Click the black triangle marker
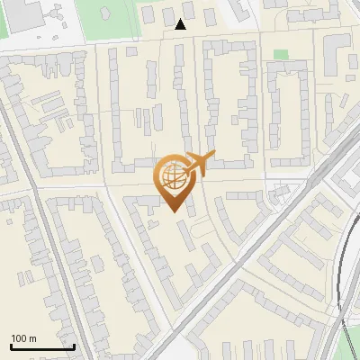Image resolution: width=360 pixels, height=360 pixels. tap(182, 24)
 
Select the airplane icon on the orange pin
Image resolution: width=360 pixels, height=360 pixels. tap(197, 163)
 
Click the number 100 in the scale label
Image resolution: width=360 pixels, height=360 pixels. tap(20, 338)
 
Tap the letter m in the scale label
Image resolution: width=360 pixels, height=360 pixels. tap(32, 338)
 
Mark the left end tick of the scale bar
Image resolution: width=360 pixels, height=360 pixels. tap(10, 346)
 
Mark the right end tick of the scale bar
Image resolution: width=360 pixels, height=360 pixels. tap(74, 346)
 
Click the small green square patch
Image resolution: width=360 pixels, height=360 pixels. tap(281, 55)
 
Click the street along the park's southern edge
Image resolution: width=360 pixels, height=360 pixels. tap(135, 41)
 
